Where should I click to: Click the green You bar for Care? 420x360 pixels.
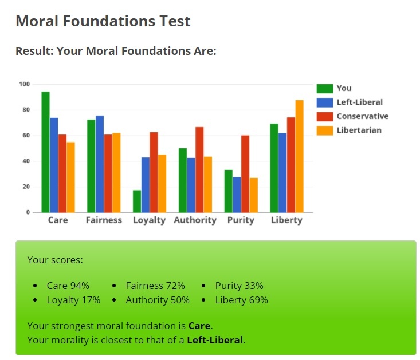click(45, 152)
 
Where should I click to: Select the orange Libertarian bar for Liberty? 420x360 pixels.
click(300, 156)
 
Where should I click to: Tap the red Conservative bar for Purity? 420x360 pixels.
click(245, 174)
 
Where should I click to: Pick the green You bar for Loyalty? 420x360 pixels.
click(137, 201)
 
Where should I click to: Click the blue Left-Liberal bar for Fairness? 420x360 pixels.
click(100, 164)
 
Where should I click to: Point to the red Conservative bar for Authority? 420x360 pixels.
click(199, 170)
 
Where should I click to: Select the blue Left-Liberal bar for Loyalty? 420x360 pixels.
click(146, 185)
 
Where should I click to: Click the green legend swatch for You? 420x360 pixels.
click(325, 89)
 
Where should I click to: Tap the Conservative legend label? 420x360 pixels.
click(363, 116)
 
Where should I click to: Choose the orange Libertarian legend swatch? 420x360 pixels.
click(325, 130)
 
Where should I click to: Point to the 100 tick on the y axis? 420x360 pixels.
click(25, 84)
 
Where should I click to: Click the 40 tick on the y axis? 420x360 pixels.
click(26, 161)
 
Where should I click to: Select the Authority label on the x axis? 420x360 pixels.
click(195, 220)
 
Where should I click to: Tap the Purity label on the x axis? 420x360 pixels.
click(241, 220)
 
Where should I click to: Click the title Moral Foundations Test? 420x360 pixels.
click(103, 21)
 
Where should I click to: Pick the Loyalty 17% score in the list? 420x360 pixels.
click(73, 300)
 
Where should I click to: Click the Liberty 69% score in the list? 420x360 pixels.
click(242, 300)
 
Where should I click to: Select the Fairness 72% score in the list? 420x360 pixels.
click(155, 286)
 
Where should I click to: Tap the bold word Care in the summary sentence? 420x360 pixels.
click(199, 326)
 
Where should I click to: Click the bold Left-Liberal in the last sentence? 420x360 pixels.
click(215, 340)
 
